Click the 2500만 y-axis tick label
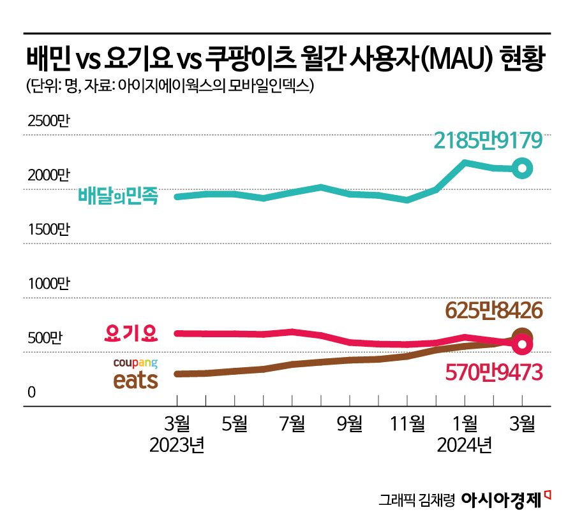coord(47,120)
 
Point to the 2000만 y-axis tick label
coord(47,175)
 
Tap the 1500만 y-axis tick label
coord(47,229)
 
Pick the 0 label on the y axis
coord(30,393)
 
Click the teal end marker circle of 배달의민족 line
coord(522,168)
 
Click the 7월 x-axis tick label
coord(292,423)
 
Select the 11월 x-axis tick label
coord(407,423)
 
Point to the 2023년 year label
coord(177,445)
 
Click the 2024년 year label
coord(464,445)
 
